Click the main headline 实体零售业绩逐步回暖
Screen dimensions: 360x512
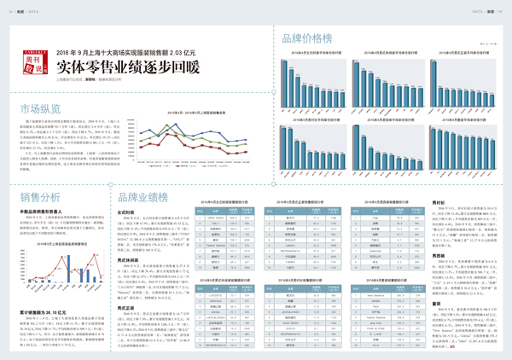pos(128,68)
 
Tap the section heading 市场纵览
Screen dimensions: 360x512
pos(41,108)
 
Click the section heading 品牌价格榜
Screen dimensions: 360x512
pos(305,38)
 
